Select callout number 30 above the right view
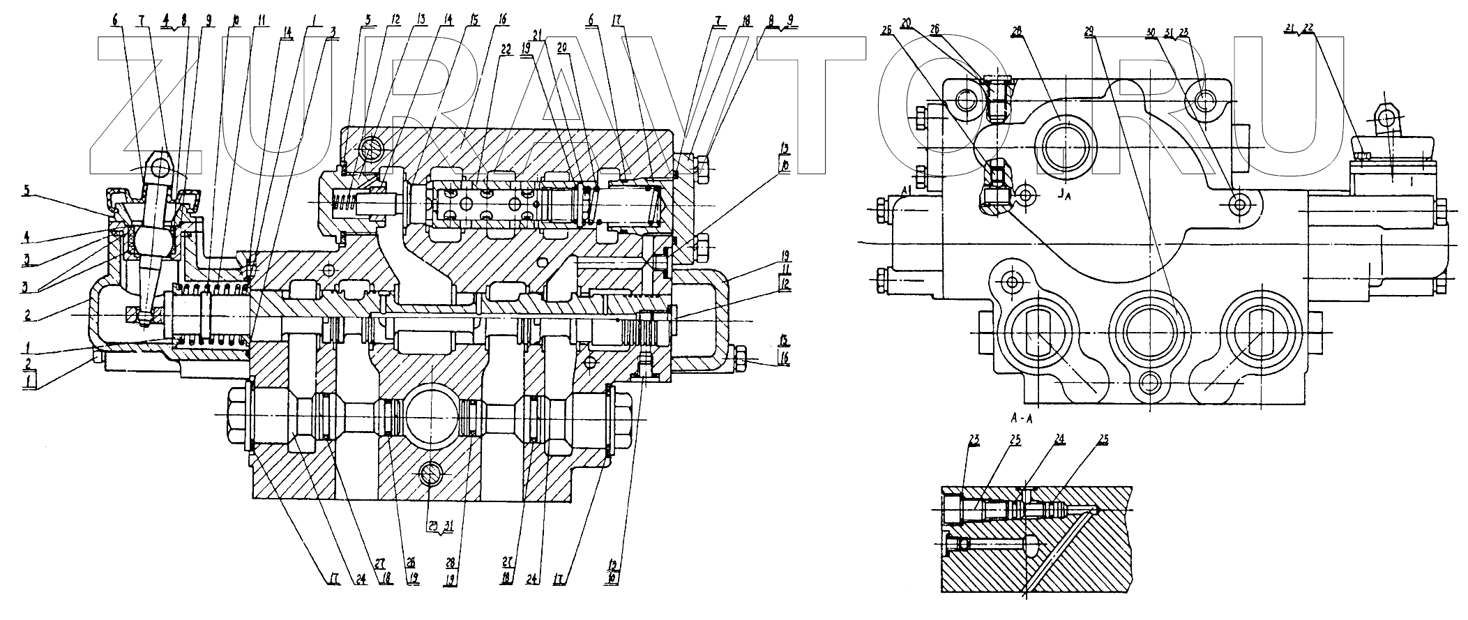(1151, 32)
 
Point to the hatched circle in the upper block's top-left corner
(371, 149)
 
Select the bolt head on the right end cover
(741, 356)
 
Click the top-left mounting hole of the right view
(968, 100)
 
